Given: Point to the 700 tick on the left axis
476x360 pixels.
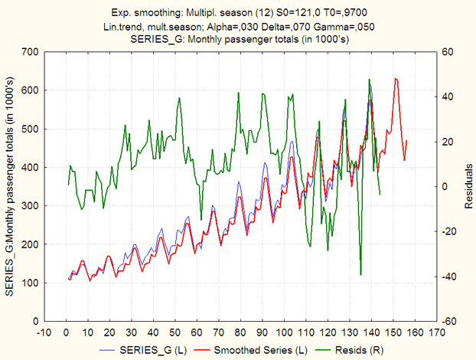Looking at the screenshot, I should click(x=31, y=52).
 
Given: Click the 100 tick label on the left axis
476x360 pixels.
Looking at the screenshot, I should click(x=31, y=283).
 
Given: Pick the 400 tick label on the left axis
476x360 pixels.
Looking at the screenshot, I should click(x=31, y=167).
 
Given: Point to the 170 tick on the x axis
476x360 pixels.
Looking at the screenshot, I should click(x=435, y=333).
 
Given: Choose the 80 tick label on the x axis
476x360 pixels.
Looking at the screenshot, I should click(x=240, y=333).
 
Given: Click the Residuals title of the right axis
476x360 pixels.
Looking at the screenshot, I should click(x=468, y=186).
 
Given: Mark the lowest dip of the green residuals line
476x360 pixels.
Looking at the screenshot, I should click(x=360, y=274).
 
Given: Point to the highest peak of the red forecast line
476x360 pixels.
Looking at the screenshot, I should click(x=396, y=78).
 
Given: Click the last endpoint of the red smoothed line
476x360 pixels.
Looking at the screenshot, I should click(x=407, y=140).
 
